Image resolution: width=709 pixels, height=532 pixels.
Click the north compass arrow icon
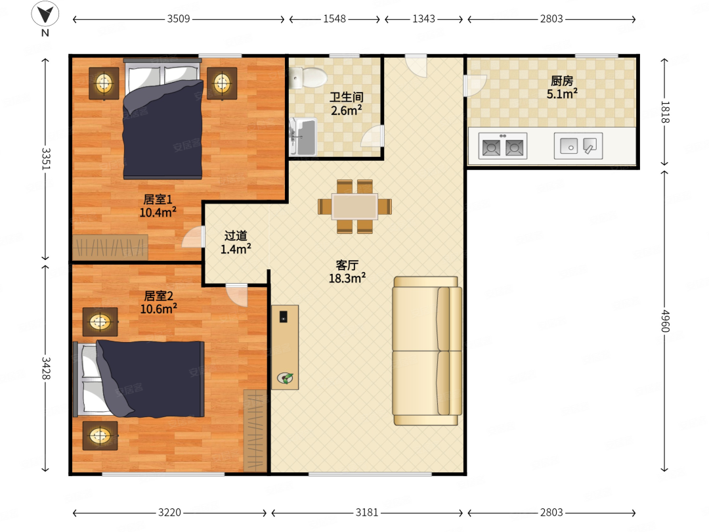(45, 14)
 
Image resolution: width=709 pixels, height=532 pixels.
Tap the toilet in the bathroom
(308, 78)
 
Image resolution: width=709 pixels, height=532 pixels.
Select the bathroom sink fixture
(303, 136)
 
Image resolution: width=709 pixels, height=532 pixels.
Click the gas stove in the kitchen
(503, 146)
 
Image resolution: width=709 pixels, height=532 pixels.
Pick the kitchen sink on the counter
(578, 146)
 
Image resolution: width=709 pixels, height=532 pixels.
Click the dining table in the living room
(355, 207)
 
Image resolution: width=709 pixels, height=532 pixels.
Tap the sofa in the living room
(427, 351)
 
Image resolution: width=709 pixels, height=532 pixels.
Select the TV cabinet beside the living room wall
(285, 347)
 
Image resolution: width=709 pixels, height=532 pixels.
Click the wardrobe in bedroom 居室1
(110, 247)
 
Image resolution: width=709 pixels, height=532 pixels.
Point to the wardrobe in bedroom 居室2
(255, 431)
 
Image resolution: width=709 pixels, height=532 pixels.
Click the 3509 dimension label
(179, 19)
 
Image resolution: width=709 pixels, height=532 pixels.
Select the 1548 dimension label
(335, 19)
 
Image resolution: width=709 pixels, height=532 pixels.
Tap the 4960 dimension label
(664, 321)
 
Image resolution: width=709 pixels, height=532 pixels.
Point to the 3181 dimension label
(367, 512)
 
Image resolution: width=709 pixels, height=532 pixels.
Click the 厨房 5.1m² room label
(562, 87)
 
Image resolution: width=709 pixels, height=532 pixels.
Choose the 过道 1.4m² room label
(236, 242)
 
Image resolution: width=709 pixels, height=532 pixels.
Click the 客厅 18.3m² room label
(347, 271)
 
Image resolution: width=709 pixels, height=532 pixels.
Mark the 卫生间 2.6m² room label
(347, 104)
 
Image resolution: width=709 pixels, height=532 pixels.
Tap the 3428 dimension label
(46, 368)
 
